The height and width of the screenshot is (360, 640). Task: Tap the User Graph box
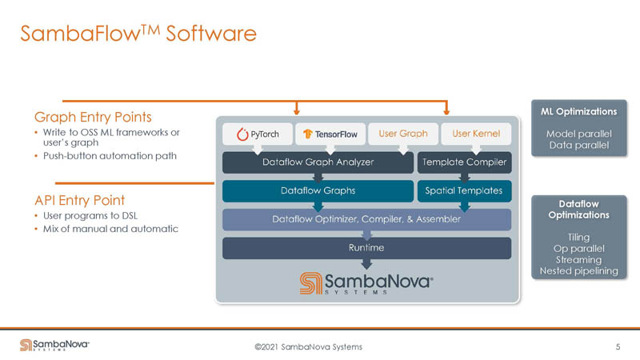(402, 134)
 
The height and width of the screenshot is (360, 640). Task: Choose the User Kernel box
(476, 134)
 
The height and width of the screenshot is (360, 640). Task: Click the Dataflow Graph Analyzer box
(318, 162)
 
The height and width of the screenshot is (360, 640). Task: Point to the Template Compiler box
(464, 162)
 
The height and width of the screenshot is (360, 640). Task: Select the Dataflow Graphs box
(318, 191)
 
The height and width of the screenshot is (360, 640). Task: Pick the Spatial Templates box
(464, 191)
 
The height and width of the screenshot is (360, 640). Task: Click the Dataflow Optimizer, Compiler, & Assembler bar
(366, 219)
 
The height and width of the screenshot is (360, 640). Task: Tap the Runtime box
(366, 248)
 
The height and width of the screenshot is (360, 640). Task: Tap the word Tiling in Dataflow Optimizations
(579, 238)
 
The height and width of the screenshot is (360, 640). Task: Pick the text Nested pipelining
(579, 271)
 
